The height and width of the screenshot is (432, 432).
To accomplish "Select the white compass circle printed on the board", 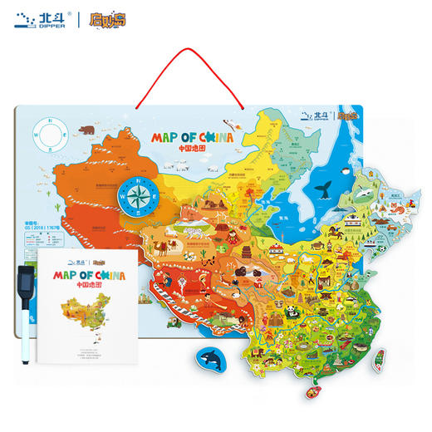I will pyautogui.click(x=50, y=133).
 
